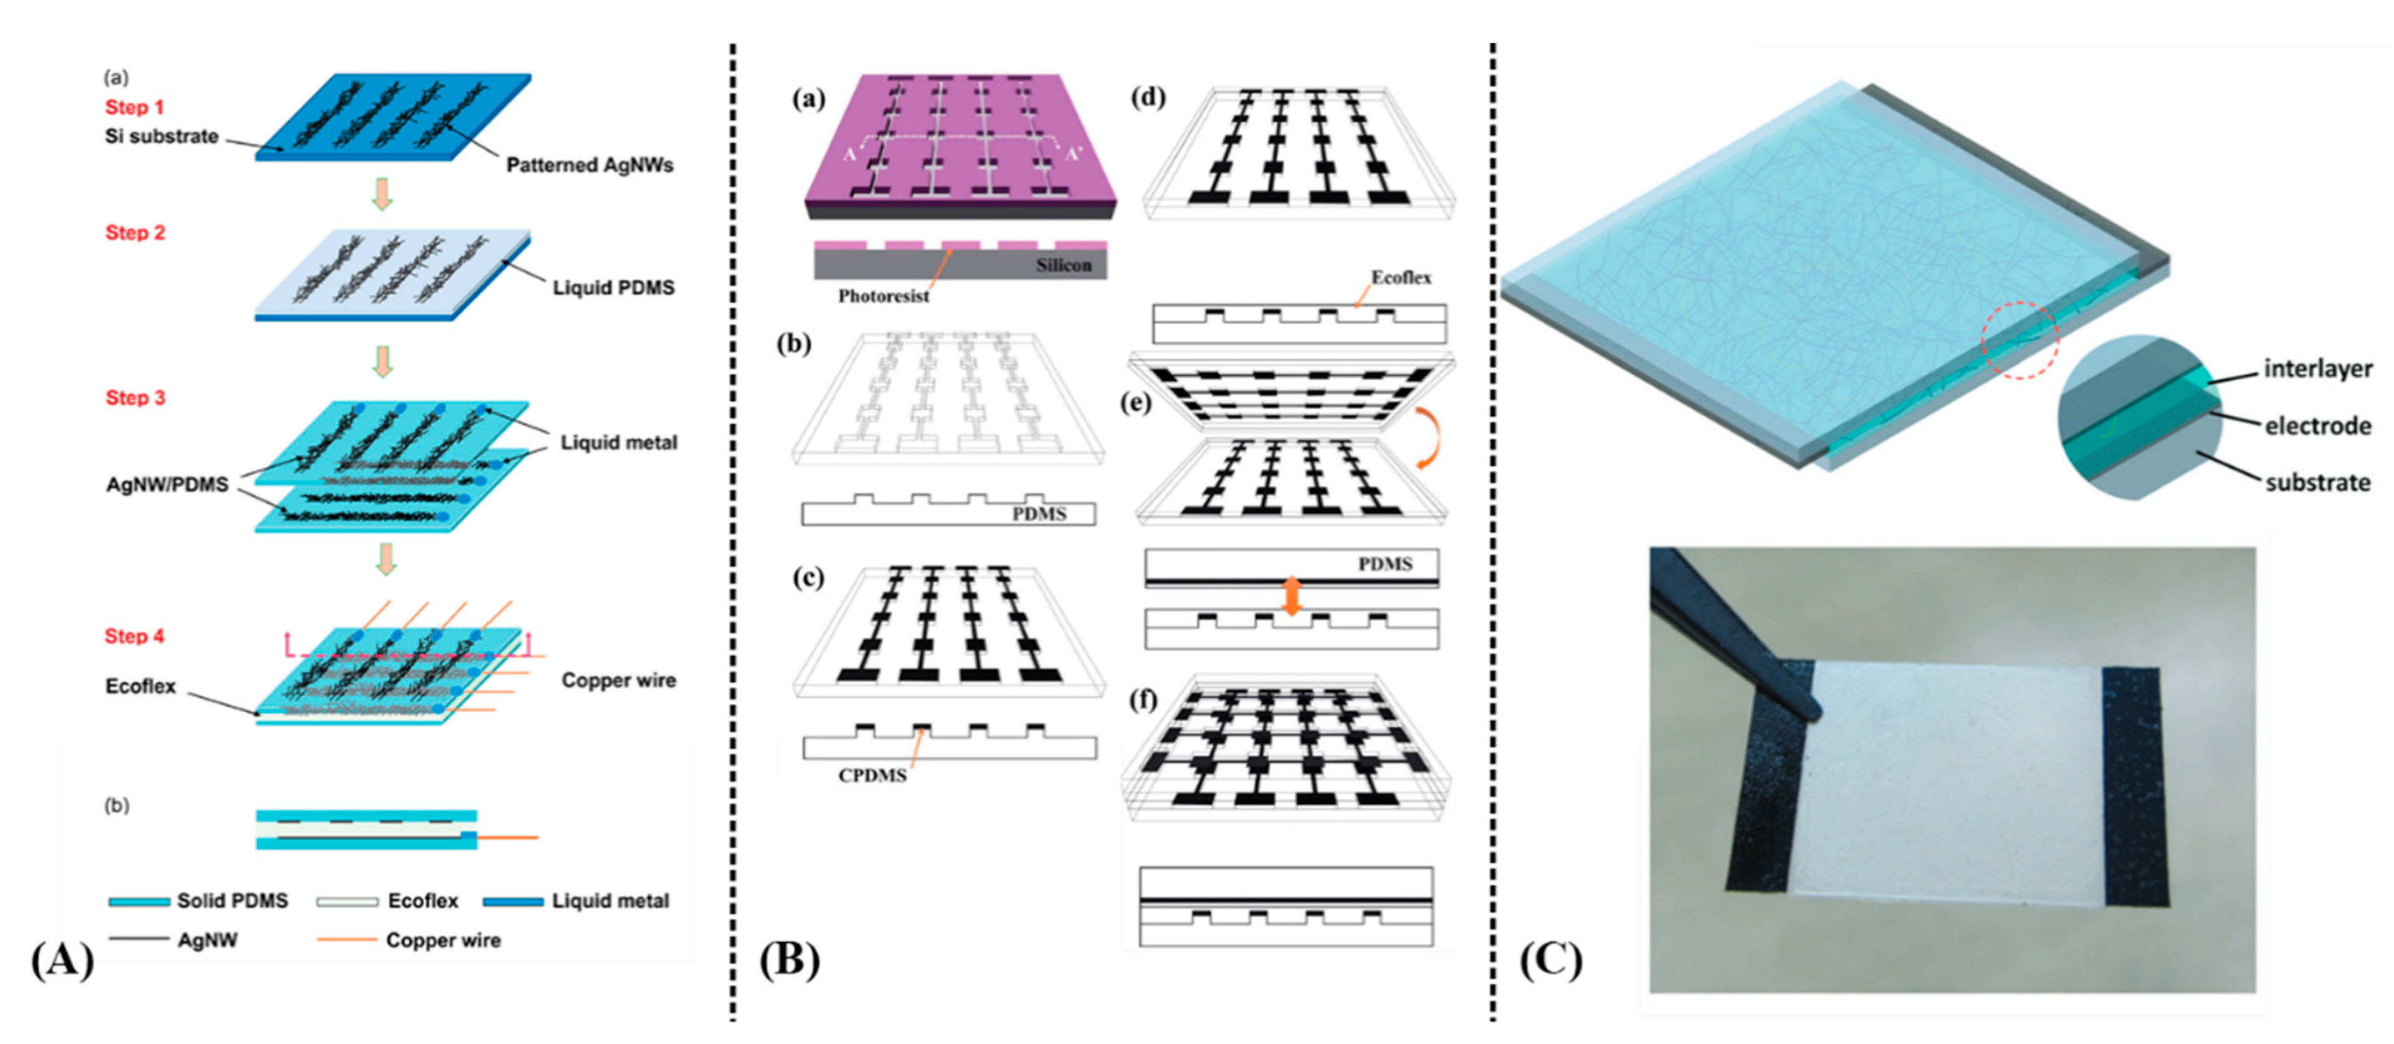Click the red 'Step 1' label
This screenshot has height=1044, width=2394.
(x=134, y=107)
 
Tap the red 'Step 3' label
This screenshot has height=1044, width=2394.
(x=134, y=398)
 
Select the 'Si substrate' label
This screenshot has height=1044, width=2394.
(x=162, y=136)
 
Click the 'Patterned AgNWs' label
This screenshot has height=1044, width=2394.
(x=589, y=166)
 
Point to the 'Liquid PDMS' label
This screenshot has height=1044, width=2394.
(x=613, y=288)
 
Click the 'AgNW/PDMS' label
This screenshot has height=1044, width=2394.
(x=167, y=485)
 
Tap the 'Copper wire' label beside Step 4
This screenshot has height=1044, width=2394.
(x=618, y=680)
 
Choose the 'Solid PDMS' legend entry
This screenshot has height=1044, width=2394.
(x=232, y=901)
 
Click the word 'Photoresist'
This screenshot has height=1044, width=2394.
(x=883, y=297)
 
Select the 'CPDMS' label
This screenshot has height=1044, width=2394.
(x=871, y=776)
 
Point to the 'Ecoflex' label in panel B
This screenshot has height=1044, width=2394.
(x=1401, y=278)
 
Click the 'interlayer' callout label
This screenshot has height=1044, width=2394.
(x=2318, y=369)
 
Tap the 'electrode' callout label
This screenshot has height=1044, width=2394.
(x=2318, y=427)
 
